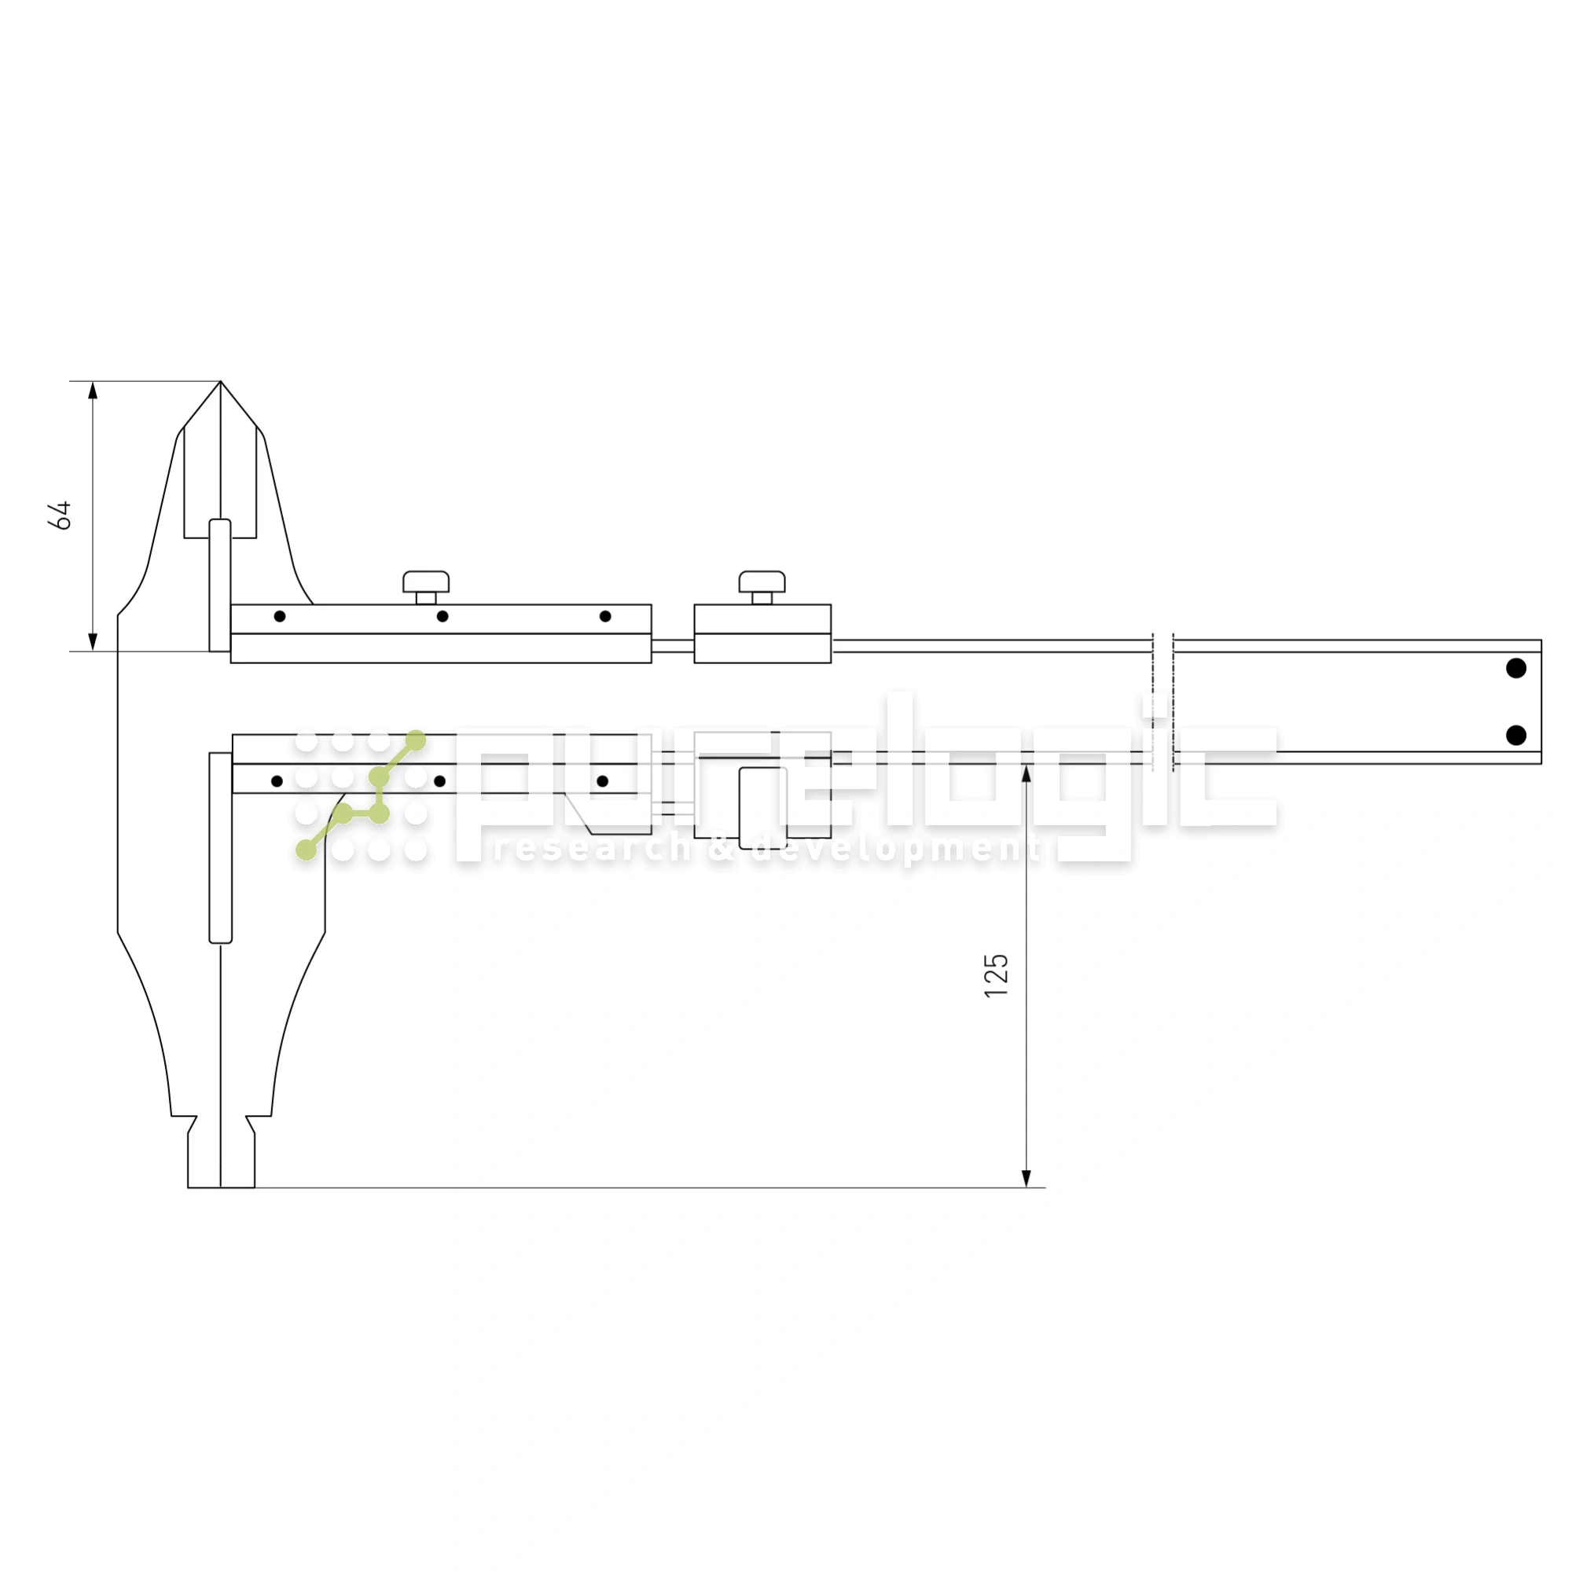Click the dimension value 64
point(61,516)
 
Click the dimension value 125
point(996,975)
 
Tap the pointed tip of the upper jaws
point(221,384)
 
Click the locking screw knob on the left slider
point(425,582)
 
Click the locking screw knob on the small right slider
point(762,582)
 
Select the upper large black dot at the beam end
point(1516,668)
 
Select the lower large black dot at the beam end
point(1516,736)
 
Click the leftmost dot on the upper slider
point(280,616)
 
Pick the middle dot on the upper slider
point(443,616)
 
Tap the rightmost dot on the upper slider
point(605,616)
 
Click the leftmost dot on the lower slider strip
point(277,781)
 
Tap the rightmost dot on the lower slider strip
point(602,781)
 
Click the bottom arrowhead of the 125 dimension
point(1026,1179)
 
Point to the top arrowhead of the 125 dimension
point(1026,773)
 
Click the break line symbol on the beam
point(1162,701)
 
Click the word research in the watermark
point(593,849)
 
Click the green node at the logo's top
point(416,740)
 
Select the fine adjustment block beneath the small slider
point(762,807)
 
